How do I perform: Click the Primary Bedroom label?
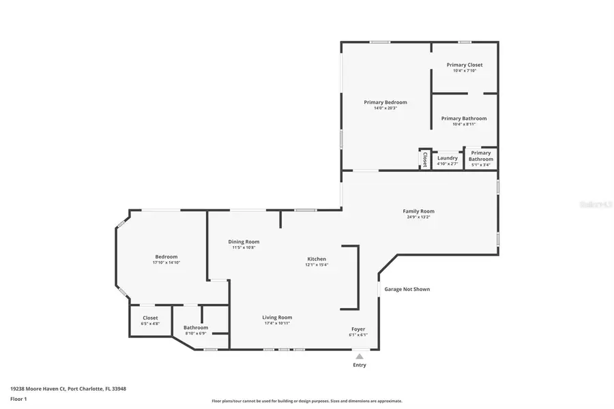coord(385,102)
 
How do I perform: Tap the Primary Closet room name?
coord(465,65)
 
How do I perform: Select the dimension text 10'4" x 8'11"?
coord(465,124)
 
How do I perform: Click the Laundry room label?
coord(448,158)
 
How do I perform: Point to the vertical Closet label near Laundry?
coord(424,159)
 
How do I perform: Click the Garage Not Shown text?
coord(407,289)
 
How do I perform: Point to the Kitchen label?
coord(317,259)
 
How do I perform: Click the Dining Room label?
coord(244,241)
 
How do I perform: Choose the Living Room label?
coord(277,317)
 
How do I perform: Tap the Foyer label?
coord(358,329)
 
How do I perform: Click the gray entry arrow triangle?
coord(359,356)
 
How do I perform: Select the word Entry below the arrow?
coord(359,365)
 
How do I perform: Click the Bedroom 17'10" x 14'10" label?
coord(166,256)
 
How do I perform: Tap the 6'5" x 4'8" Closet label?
coord(150,318)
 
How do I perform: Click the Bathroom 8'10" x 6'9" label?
coord(195,327)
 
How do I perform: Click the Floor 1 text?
coord(18,399)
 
